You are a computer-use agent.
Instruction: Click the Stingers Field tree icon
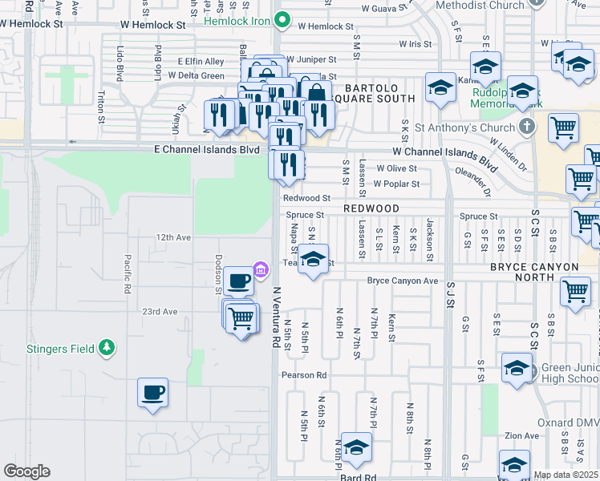pyautogui.click(x=106, y=348)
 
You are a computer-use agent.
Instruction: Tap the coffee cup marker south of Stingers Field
pyautogui.click(x=152, y=393)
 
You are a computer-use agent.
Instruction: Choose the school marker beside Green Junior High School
pyautogui.click(x=517, y=370)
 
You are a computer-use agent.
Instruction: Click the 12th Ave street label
pyautogui.click(x=174, y=238)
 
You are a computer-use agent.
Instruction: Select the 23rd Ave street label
pyautogui.click(x=159, y=311)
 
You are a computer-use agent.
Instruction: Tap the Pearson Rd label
pyautogui.click(x=304, y=374)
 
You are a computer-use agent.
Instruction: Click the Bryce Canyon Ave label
pyautogui.click(x=402, y=281)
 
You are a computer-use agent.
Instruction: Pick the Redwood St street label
pyautogui.click(x=306, y=198)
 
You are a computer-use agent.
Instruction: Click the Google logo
pyautogui.click(x=26, y=471)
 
